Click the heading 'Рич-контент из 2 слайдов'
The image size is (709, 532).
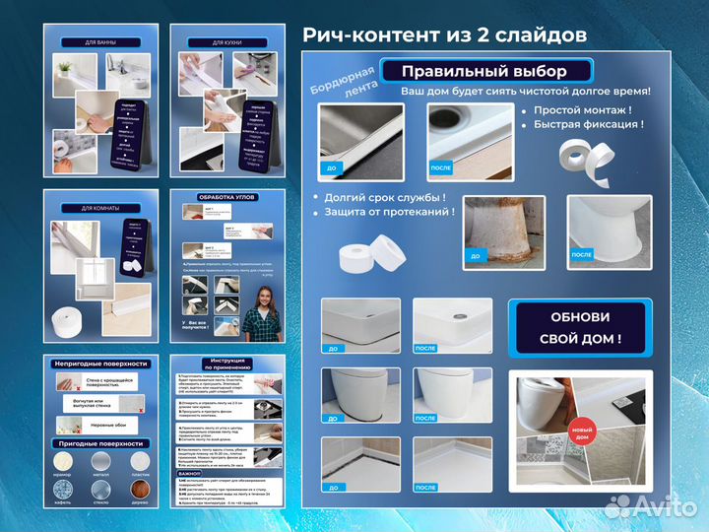click(x=444, y=33)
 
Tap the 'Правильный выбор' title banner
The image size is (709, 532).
click(x=483, y=71)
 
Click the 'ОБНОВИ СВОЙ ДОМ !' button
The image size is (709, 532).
click(x=580, y=328)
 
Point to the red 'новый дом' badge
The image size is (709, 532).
click(x=583, y=432)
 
